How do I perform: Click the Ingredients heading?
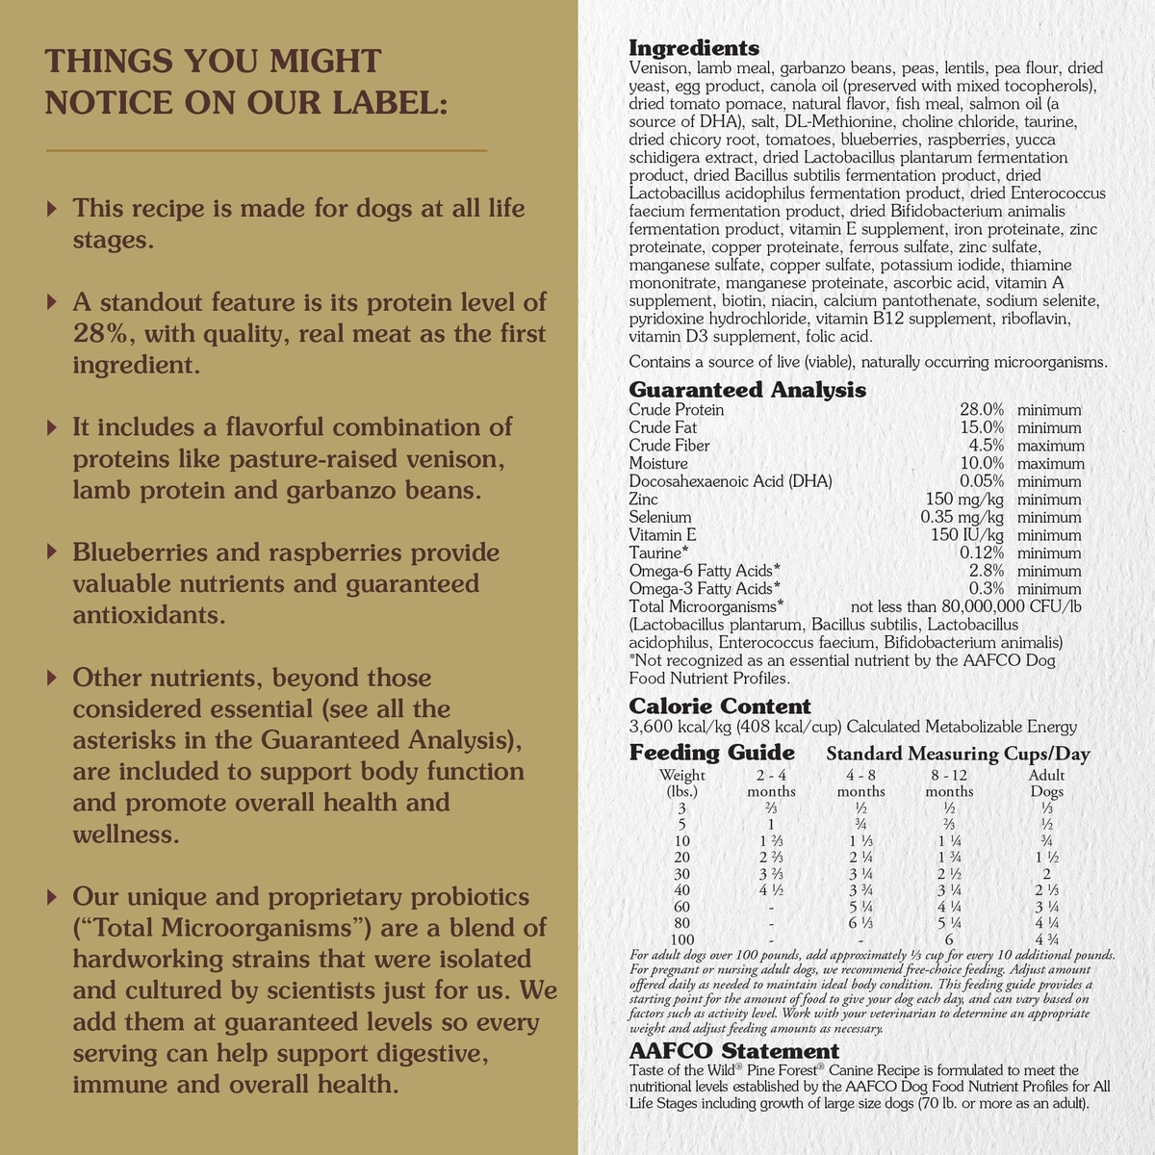(693, 48)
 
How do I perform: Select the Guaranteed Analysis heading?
(747, 390)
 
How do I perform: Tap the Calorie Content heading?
(719, 706)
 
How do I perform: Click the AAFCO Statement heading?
(733, 1051)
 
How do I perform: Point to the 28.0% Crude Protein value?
(982, 410)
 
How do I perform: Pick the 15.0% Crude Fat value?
(982, 427)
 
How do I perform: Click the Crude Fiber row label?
(669, 446)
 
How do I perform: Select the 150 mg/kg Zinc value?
(964, 500)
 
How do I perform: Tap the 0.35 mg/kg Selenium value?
(962, 517)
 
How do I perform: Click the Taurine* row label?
(658, 553)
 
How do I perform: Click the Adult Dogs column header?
(1047, 783)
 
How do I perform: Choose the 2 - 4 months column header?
(771, 783)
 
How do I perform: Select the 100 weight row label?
(682, 940)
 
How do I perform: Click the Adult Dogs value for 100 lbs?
(1047, 940)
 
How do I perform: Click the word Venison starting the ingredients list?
(657, 68)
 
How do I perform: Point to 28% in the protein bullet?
(101, 334)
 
